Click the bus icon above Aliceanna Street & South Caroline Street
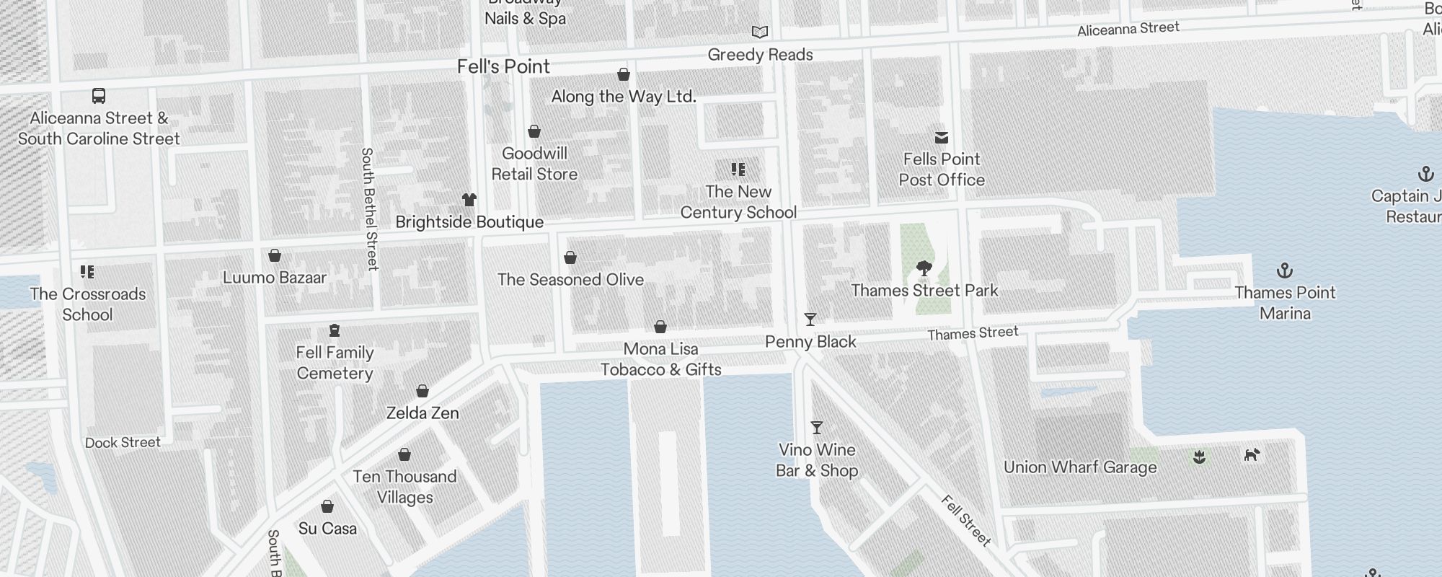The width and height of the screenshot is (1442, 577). pyautogui.click(x=99, y=96)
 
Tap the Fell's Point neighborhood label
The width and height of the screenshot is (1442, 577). pyautogui.click(x=503, y=66)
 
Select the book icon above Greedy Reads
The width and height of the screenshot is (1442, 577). pyautogui.click(x=760, y=32)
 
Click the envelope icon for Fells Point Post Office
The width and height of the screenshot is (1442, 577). pyautogui.click(x=942, y=137)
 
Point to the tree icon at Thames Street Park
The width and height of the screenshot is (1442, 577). pyautogui.click(x=924, y=269)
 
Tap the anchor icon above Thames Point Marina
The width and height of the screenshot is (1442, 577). pyautogui.click(x=1285, y=271)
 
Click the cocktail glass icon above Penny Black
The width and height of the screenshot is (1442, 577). pyautogui.click(x=810, y=320)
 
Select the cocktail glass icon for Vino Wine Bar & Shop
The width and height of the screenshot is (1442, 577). pyautogui.click(x=817, y=428)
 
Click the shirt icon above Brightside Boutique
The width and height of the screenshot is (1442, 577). pyautogui.click(x=469, y=200)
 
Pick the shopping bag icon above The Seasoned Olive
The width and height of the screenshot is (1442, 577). pyautogui.click(x=570, y=257)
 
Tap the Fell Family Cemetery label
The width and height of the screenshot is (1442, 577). pyautogui.click(x=335, y=363)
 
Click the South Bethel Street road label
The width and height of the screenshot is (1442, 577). pyautogui.click(x=369, y=209)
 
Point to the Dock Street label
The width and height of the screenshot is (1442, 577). pyautogui.click(x=123, y=442)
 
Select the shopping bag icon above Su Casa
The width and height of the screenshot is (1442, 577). pyautogui.click(x=327, y=506)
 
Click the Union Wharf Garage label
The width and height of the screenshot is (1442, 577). pyautogui.click(x=1080, y=467)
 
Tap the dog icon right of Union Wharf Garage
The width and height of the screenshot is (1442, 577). pyautogui.click(x=1252, y=454)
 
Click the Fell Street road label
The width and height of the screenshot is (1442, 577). pyautogui.click(x=967, y=520)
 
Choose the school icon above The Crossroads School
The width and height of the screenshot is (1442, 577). pyautogui.click(x=87, y=272)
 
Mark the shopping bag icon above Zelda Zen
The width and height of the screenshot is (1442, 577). pyautogui.click(x=423, y=391)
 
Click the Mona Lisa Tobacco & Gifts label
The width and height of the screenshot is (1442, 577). pyautogui.click(x=660, y=359)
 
